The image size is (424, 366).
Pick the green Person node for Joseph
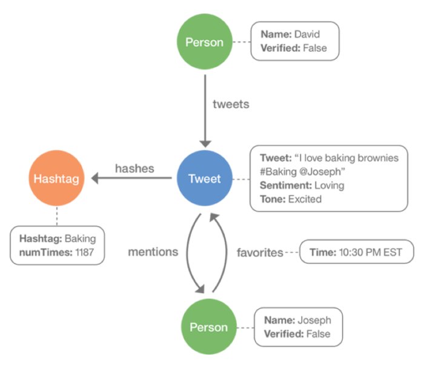point(208,327)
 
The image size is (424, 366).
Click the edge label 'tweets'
point(231,104)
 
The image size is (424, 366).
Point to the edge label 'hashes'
point(134,168)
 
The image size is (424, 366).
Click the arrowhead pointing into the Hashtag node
point(94,179)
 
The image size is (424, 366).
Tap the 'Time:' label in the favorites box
point(321,252)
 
